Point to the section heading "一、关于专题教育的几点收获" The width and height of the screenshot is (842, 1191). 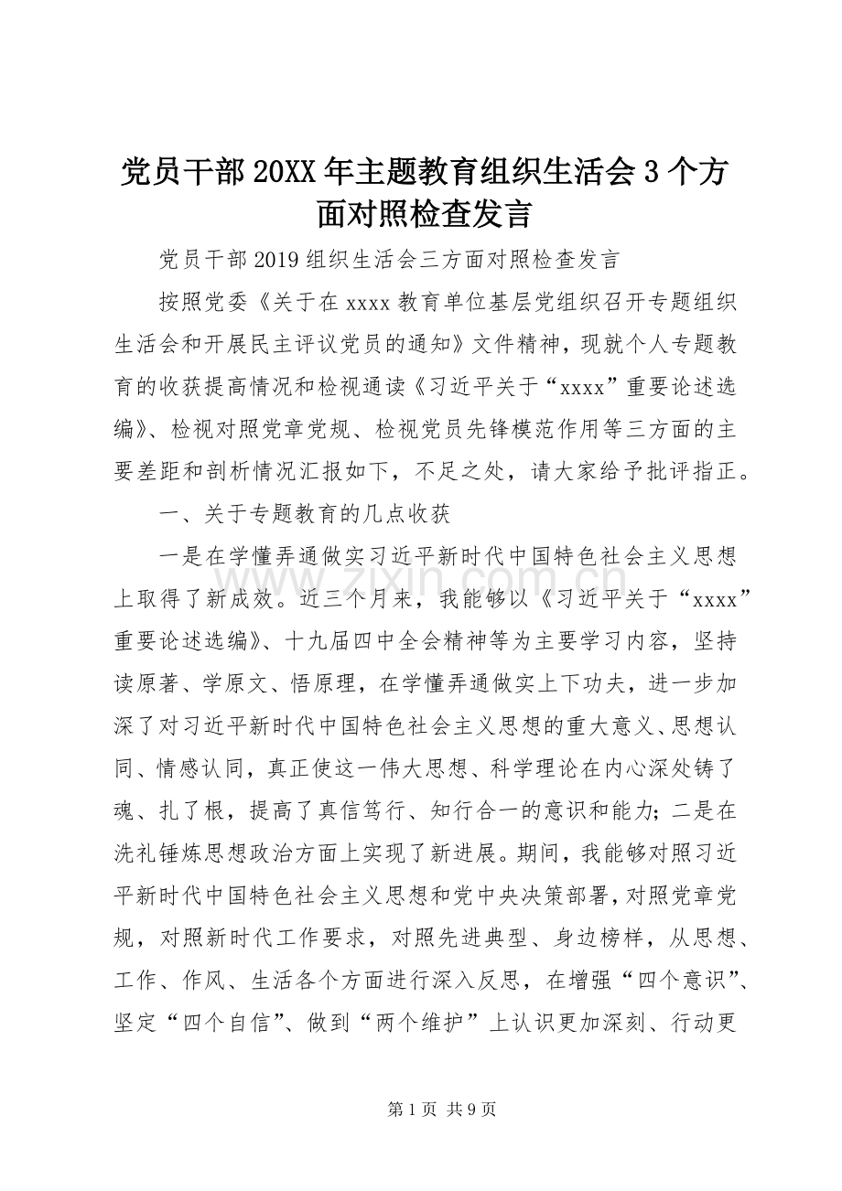tap(305, 515)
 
